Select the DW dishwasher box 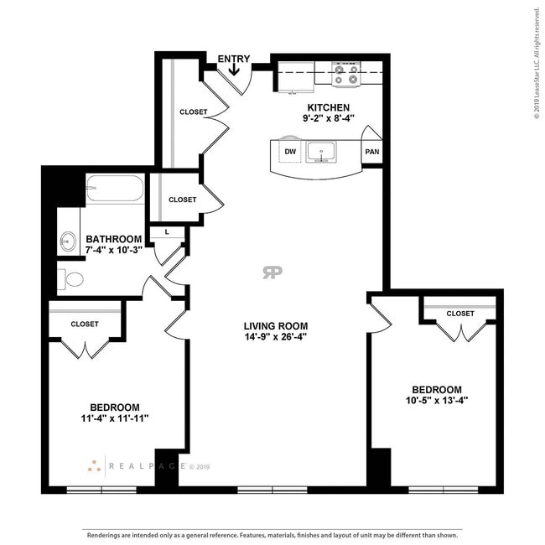290,152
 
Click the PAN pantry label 371,153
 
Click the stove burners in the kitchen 345,74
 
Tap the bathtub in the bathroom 114,188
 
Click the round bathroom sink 67,243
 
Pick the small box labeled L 168,231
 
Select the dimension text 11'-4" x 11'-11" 108,418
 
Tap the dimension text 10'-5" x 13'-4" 436,401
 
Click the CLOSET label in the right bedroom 459,314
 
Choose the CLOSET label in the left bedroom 85,324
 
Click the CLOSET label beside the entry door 194,112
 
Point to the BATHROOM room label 114,239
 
